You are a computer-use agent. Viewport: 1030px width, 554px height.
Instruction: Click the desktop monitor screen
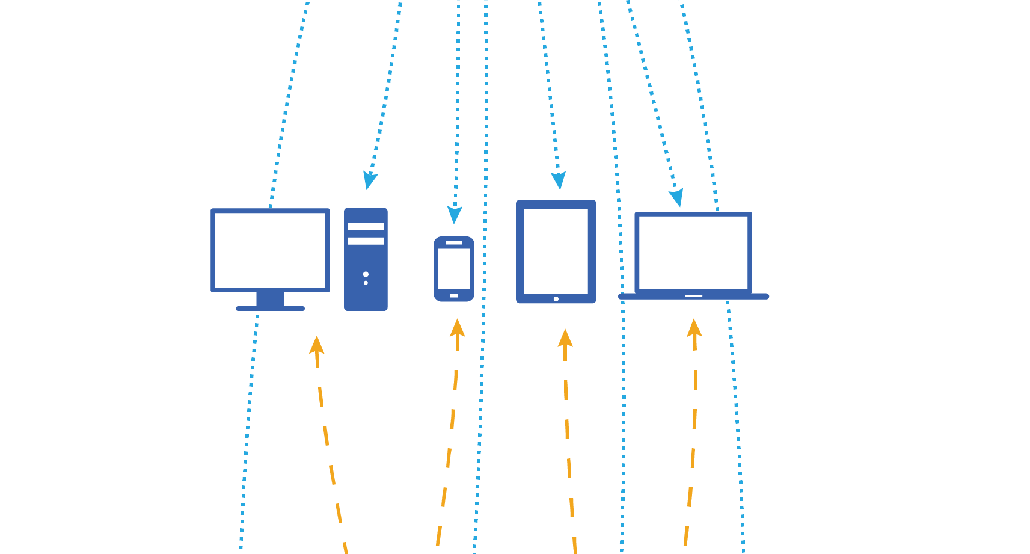(270, 250)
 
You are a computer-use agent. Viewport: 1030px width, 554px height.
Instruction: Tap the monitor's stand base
(270, 309)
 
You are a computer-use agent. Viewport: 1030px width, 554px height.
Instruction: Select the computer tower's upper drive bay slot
(366, 226)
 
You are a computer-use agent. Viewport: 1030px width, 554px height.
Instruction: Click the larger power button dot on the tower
(366, 274)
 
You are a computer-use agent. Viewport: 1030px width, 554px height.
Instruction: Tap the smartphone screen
(454, 268)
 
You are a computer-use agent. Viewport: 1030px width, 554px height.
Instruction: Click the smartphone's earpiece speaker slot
(454, 242)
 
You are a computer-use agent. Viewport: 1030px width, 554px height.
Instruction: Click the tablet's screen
(556, 251)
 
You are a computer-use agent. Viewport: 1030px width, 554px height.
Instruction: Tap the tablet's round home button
(556, 299)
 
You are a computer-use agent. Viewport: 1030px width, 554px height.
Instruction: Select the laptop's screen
(693, 252)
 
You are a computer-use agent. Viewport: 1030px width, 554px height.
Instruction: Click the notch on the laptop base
(693, 296)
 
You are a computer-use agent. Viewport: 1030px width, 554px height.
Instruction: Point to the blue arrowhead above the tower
(369, 180)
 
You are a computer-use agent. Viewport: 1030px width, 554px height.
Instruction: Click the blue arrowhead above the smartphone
(455, 215)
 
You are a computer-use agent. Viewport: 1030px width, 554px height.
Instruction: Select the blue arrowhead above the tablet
(559, 180)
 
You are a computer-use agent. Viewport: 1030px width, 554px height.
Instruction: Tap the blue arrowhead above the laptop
(677, 197)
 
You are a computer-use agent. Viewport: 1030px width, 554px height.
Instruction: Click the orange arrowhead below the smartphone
(458, 328)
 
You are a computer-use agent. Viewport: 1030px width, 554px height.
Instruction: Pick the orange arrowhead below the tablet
(565, 338)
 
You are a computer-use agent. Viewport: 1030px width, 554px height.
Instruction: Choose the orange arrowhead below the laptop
(694, 328)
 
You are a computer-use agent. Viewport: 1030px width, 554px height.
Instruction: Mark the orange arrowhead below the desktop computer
(316, 345)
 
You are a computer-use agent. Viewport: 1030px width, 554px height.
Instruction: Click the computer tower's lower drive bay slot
(366, 241)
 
